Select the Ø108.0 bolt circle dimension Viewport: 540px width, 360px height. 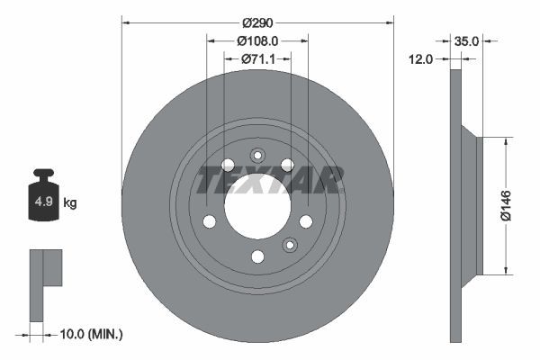tap(257, 40)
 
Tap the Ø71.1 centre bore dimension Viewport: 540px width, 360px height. tap(257, 59)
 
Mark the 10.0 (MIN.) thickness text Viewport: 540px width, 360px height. tap(89, 334)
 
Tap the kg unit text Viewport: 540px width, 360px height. tap(70, 203)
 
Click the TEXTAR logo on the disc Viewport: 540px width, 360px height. tap(270, 181)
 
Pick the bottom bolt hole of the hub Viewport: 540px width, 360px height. tap(257, 257)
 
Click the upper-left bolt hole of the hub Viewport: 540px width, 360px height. tap(227, 165)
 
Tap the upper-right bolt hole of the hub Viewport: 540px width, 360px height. tap(287, 164)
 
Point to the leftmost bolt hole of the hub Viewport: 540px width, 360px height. tap(209, 221)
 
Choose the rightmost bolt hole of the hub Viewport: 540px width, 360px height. tap(306, 221)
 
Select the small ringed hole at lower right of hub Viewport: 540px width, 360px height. tap(290, 245)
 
